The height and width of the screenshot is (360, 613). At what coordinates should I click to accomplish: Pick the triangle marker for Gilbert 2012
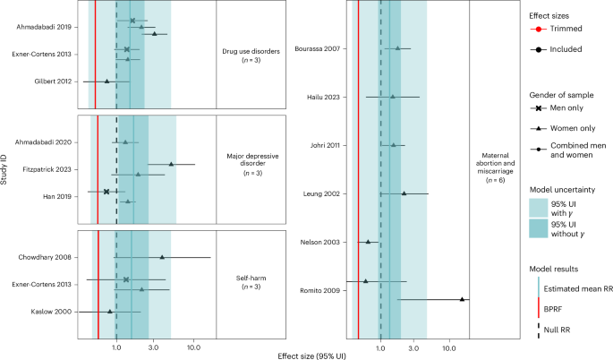click(x=106, y=81)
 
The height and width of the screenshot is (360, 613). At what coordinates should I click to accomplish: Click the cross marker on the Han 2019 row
click(x=106, y=191)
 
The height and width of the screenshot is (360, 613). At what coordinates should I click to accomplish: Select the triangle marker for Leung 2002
click(x=404, y=193)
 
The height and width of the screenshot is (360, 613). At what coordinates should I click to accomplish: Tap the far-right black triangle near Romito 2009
click(x=463, y=299)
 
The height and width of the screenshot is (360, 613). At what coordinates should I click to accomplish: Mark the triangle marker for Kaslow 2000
click(x=110, y=312)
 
